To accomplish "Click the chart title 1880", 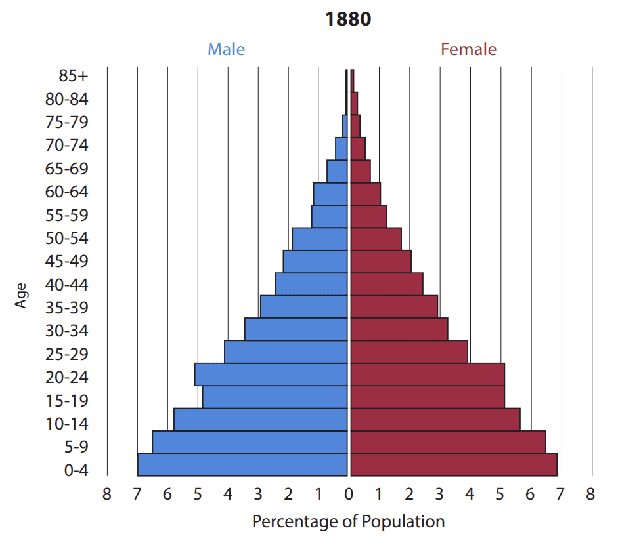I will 348,20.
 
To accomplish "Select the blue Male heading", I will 226,49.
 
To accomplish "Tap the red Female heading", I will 468,49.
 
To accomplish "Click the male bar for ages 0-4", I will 242,464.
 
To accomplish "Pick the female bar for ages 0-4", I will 454,464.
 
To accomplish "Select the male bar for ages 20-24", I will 271,374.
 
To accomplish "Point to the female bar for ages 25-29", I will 409,352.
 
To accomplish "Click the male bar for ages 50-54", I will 319,239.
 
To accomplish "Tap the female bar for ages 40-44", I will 387,284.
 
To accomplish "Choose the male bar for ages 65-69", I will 337,171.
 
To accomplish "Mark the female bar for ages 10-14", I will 435,419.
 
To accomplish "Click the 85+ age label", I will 73,76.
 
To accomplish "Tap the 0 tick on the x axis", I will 349,494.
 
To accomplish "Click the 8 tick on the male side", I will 107,494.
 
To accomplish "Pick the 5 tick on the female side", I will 500,494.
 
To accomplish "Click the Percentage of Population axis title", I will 348,522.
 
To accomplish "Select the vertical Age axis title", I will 22,295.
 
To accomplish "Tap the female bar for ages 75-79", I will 355,126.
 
